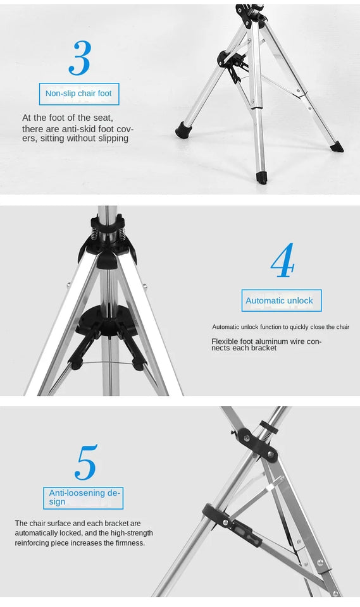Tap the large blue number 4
282,261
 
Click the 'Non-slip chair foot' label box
78,94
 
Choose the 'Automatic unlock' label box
281,300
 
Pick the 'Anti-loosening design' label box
85,498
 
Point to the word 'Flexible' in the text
225,341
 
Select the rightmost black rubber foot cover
337,147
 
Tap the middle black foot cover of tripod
261,178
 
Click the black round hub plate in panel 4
106,320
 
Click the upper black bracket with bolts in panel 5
258,443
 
